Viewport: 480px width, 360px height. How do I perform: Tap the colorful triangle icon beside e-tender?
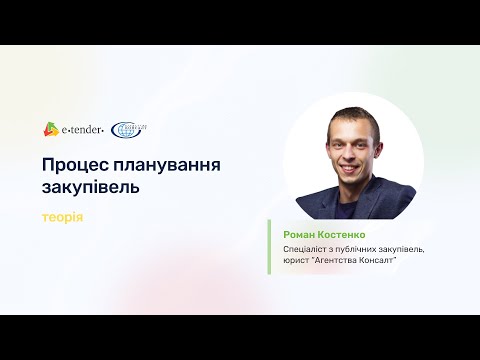pos(51,128)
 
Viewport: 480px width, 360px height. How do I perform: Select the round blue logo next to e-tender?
pos(128,129)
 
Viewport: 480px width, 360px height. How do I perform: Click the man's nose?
pos(351,151)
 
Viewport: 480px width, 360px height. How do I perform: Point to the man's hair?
pos(352,118)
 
